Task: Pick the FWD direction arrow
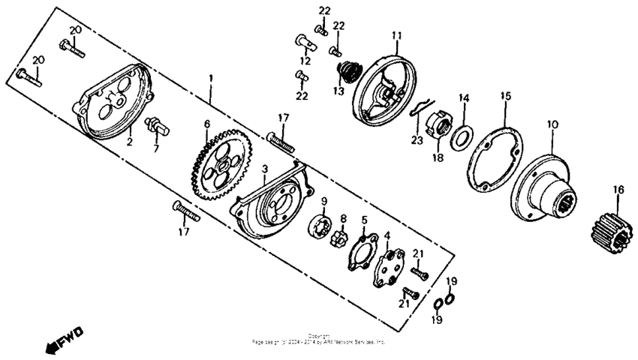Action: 65,340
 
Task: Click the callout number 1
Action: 212,78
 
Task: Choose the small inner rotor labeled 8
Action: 341,239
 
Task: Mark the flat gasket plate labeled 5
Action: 360,250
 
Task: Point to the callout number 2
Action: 128,140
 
